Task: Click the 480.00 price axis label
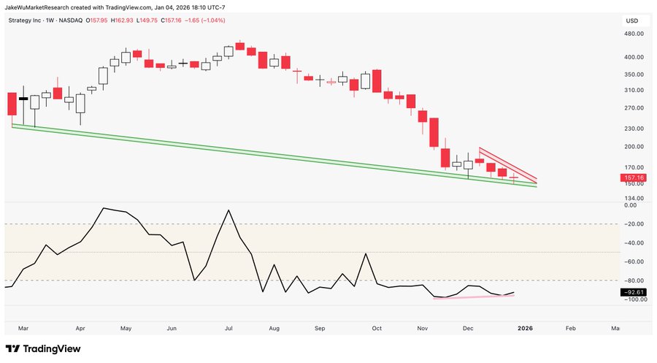(x=633, y=34)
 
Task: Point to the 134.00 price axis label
(x=633, y=198)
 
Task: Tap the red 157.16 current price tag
(x=632, y=177)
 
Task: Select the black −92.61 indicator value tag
(x=632, y=292)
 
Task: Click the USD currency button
(x=633, y=20)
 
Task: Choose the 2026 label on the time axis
(x=524, y=329)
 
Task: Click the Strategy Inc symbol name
(x=30, y=21)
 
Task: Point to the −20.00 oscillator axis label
(x=633, y=224)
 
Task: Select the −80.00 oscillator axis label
(x=633, y=280)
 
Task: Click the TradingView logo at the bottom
(x=43, y=349)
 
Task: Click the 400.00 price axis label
(x=633, y=57)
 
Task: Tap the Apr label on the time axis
(x=80, y=329)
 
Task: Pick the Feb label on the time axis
(x=570, y=329)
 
